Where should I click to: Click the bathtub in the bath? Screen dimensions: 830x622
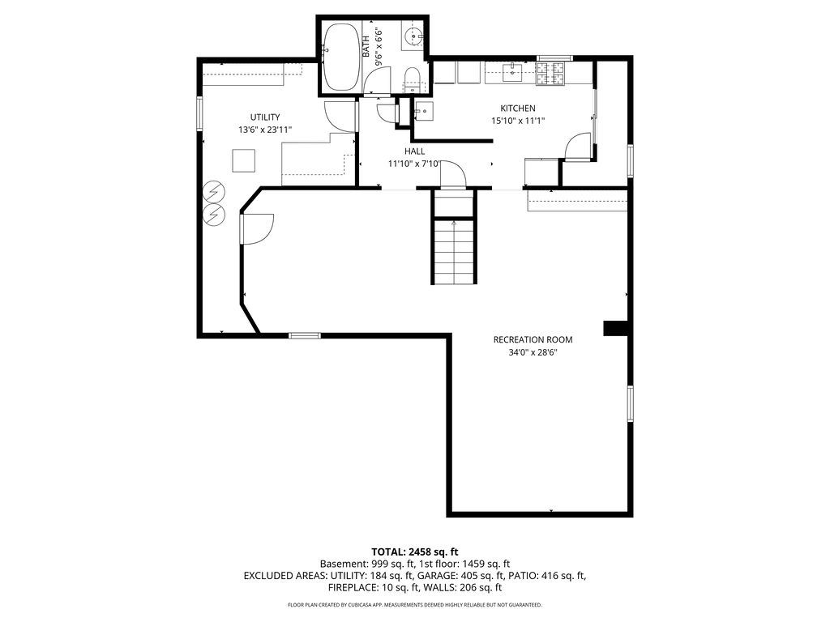tap(341, 57)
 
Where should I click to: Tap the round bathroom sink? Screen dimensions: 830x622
tap(413, 37)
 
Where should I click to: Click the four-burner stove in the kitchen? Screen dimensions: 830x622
tap(550, 74)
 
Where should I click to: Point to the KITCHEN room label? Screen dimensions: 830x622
tap(518, 109)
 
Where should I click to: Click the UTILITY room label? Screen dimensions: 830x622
tap(265, 117)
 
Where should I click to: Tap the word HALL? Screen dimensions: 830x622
tap(414, 151)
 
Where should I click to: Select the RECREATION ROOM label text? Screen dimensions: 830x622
tap(533, 339)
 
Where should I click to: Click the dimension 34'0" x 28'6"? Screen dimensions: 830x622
tap(533, 353)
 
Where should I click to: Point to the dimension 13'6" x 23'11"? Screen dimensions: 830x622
tap(265, 130)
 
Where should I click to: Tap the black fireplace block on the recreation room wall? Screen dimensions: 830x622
tap(615, 328)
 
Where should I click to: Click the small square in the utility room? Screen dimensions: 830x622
tap(243, 161)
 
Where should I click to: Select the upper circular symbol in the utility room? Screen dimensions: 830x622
tap(214, 191)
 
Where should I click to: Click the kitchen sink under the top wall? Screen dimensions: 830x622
tap(512, 72)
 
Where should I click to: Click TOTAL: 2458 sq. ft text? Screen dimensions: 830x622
tap(414, 552)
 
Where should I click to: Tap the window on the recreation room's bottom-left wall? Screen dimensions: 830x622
tap(305, 335)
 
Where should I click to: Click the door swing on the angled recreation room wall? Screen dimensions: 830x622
tap(258, 228)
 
